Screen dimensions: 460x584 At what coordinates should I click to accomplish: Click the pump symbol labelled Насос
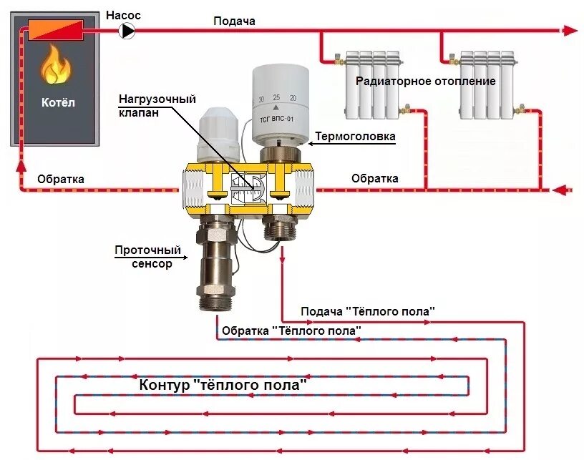pyautogui.click(x=127, y=30)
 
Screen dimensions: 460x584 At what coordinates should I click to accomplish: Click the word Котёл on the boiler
pyautogui.click(x=57, y=102)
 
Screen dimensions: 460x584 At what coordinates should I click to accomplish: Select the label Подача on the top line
pyautogui.click(x=234, y=21)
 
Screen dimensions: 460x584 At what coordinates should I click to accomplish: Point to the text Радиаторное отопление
pyautogui.click(x=426, y=81)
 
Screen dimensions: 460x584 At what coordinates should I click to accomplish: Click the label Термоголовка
pyautogui.click(x=356, y=136)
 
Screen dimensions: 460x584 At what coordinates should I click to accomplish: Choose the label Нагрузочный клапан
pyautogui.click(x=157, y=106)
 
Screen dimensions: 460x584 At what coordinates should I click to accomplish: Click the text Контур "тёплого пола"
pyautogui.click(x=223, y=385)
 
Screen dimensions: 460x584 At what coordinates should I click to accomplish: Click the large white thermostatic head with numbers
pyautogui.click(x=281, y=97)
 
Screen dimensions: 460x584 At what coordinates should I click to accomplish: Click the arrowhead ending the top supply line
pyautogui.click(x=570, y=30)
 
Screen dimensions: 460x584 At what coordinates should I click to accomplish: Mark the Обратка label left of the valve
pyautogui.click(x=61, y=179)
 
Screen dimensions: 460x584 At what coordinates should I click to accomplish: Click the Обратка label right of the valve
pyautogui.click(x=374, y=178)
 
